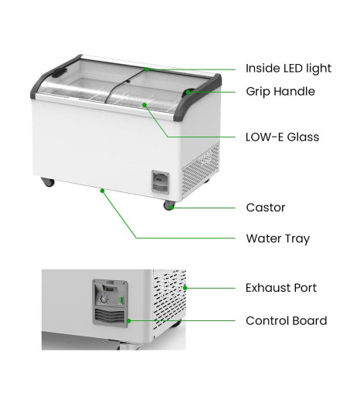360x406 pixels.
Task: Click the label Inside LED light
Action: click(288, 69)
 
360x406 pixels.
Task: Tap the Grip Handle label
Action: click(280, 92)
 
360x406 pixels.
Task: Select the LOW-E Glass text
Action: click(282, 137)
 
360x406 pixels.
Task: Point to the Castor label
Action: click(266, 208)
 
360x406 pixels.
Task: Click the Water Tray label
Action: click(278, 239)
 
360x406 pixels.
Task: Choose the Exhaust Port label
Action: click(281, 288)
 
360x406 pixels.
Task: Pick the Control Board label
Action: click(287, 321)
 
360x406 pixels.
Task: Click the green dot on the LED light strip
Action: click(147, 69)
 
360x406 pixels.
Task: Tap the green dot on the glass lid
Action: click(144, 105)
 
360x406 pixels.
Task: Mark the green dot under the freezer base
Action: click(103, 191)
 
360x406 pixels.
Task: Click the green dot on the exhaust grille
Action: click(185, 288)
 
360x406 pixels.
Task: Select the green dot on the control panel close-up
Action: click(129, 321)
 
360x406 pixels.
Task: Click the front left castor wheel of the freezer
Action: click(48, 182)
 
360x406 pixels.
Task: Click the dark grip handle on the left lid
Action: click(59, 73)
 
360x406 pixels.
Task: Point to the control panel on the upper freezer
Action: click(161, 182)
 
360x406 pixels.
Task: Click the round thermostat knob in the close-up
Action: click(104, 299)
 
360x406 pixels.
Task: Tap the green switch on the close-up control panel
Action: click(121, 300)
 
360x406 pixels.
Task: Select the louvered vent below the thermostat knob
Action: click(110, 316)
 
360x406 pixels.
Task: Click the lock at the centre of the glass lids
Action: click(128, 81)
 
